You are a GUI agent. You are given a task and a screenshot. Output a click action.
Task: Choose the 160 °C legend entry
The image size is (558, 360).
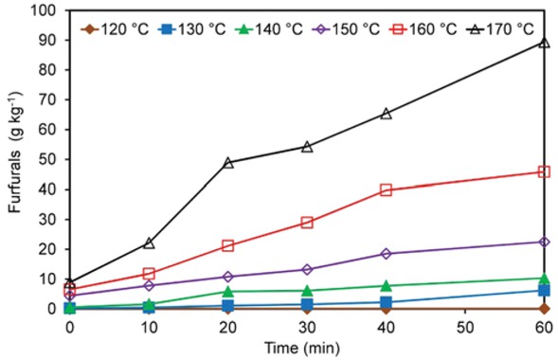(x=423, y=27)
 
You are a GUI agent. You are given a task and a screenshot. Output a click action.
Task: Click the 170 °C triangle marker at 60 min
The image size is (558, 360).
(x=544, y=43)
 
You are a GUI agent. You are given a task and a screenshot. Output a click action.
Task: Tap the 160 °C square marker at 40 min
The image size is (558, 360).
(x=386, y=189)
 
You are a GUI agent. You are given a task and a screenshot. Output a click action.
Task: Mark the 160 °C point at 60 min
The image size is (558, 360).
(x=544, y=171)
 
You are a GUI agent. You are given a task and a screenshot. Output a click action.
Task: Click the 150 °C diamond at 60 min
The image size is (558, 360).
(x=544, y=242)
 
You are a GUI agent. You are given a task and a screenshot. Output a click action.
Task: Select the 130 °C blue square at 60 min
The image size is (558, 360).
(x=544, y=290)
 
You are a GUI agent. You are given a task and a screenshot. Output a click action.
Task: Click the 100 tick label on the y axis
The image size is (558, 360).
(x=45, y=11)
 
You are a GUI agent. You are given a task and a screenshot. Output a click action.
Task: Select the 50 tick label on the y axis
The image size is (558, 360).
(x=48, y=160)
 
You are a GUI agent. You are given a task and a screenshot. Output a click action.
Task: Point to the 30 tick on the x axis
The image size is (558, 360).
(x=306, y=326)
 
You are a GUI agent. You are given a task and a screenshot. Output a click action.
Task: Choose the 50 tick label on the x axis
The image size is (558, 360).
(x=464, y=326)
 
